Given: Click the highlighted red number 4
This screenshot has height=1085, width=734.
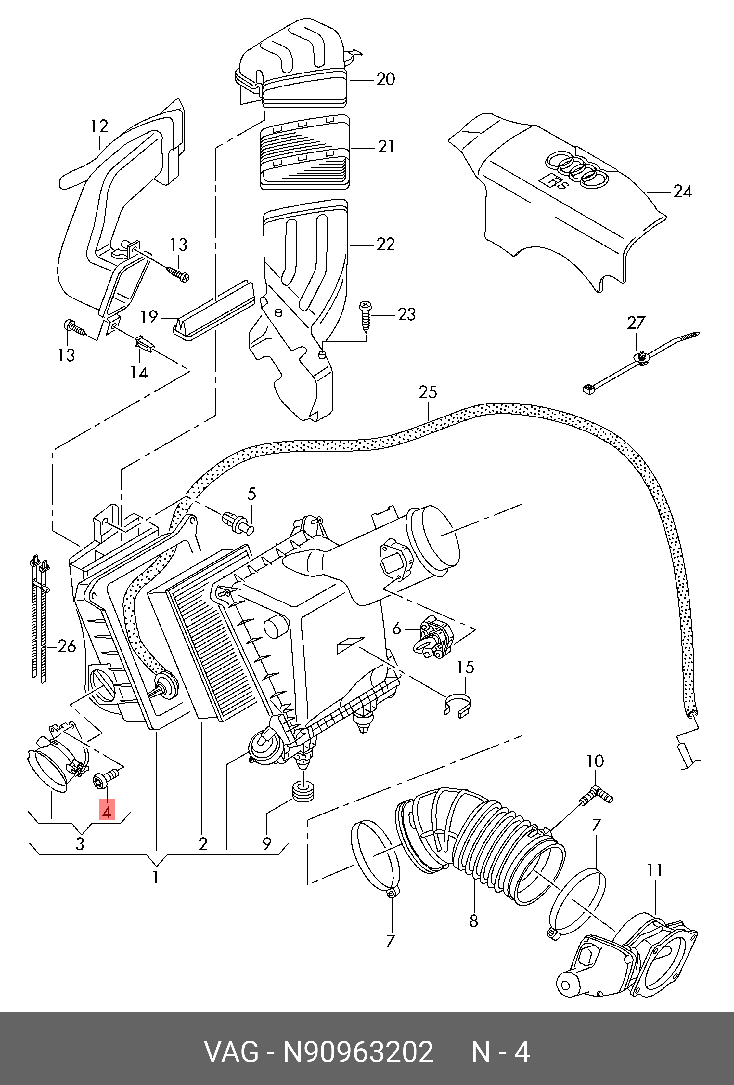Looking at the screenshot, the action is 107,812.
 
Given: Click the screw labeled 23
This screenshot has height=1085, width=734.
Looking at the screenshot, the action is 365,316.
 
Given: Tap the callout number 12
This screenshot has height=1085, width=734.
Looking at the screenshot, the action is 99,126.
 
